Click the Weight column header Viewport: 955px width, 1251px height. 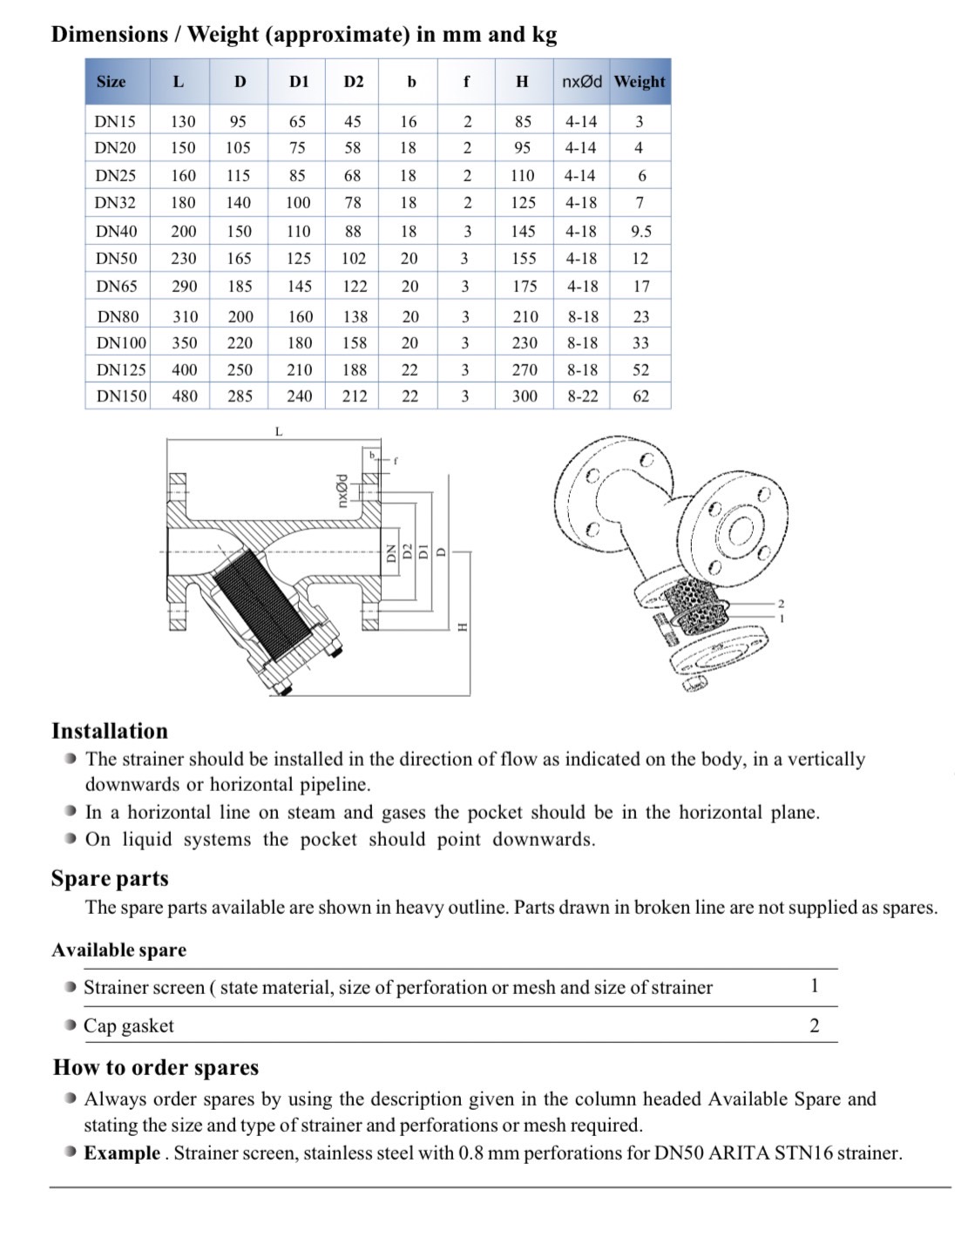tap(640, 82)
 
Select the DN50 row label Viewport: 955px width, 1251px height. tap(116, 259)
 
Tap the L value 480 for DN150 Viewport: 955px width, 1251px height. tap(185, 396)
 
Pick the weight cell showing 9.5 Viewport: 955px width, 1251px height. tap(641, 232)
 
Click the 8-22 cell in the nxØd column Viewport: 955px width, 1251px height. tap(583, 396)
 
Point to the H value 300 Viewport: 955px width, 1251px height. tap(525, 396)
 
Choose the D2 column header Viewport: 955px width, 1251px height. tap(353, 82)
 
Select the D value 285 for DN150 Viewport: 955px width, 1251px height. tap(240, 396)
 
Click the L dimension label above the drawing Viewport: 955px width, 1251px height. tap(279, 431)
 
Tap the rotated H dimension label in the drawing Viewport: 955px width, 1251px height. tap(463, 625)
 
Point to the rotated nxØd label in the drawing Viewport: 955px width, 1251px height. tap(342, 490)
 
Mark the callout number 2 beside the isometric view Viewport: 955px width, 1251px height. tap(781, 604)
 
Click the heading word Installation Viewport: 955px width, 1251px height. tap(110, 731)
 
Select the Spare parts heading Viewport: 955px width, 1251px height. tap(110, 878)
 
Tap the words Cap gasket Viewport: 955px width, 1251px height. tap(129, 1026)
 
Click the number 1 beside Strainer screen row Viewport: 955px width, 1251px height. tap(814, 986)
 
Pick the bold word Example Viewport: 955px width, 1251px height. tap(122, 1153)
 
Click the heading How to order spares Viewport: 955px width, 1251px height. tap(156, 1068)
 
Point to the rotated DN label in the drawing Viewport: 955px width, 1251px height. tap(390, 552)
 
